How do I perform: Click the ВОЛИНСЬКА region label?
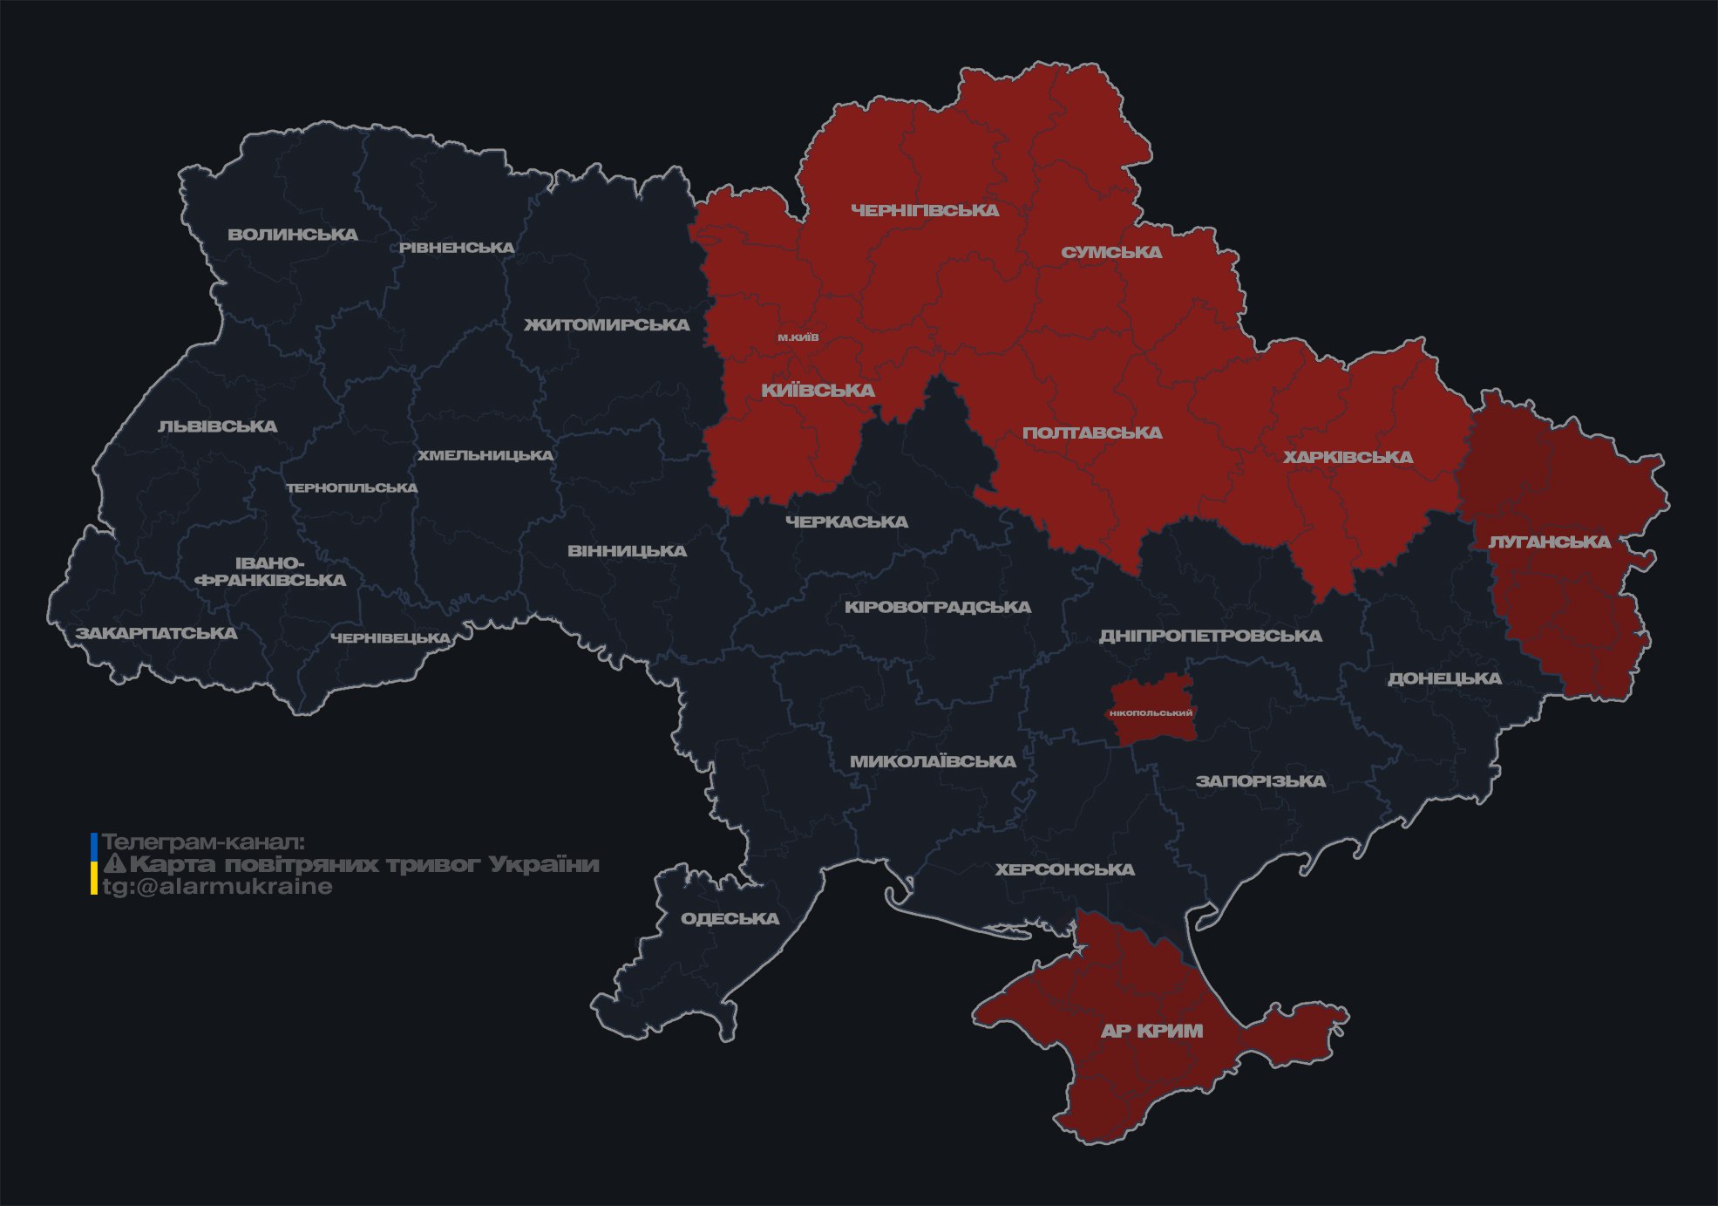(293, 235)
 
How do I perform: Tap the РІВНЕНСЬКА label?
(457, 248)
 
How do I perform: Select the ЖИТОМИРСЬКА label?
(607, 325)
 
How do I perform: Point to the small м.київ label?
(798, 337)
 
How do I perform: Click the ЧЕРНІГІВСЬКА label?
(925, 210)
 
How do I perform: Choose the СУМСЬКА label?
(1111, 253)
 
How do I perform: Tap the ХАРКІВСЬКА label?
(1348, 458)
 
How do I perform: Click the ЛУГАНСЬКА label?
(1550, 542)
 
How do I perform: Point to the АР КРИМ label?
(1151, 1031)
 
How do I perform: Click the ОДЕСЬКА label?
(730, 919)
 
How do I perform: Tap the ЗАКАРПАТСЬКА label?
(156, 633)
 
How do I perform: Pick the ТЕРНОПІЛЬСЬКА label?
(352, 488)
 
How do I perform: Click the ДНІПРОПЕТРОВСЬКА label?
(1210, 637)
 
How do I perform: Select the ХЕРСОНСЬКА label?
(1064, 870)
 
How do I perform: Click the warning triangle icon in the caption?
(115, 865)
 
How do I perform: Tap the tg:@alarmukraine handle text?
(217, 887)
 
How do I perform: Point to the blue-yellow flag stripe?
(94, 864)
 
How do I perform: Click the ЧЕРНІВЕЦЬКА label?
(390, 638)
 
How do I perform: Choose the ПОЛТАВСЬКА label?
(1091, 433)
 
